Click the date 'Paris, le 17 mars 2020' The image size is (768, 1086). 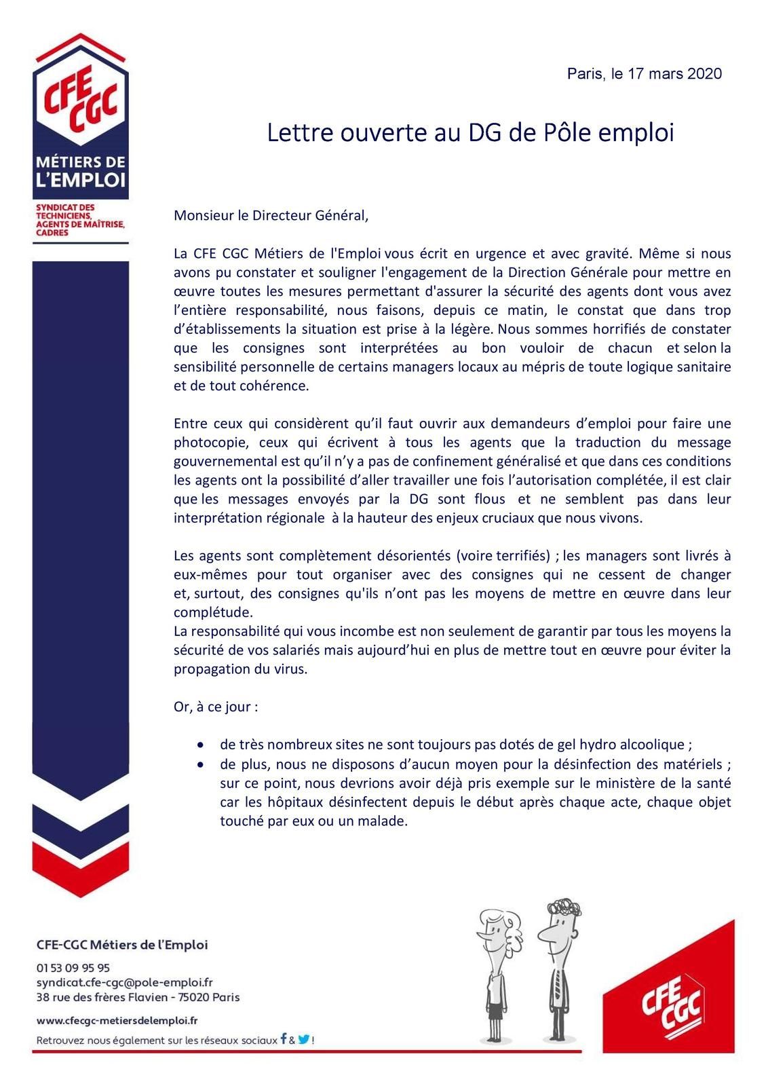[644, 74]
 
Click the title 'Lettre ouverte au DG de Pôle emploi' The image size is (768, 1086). [470, 133]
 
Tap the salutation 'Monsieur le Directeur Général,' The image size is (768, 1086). [271, 216]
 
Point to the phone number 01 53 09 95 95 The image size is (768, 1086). [73, 967]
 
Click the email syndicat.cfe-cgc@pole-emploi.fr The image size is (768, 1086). [124, 982]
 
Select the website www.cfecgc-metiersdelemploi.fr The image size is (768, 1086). [117, 1020]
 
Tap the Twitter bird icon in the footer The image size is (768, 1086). [304, 1038]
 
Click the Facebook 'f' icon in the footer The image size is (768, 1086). [284, 1038]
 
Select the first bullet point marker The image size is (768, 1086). [200, 745]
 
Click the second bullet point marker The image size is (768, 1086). [200, 764]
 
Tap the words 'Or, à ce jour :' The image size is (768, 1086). [216, 707]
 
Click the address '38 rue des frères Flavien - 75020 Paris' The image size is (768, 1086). [138, 997]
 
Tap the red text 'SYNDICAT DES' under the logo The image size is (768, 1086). [56, 206]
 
